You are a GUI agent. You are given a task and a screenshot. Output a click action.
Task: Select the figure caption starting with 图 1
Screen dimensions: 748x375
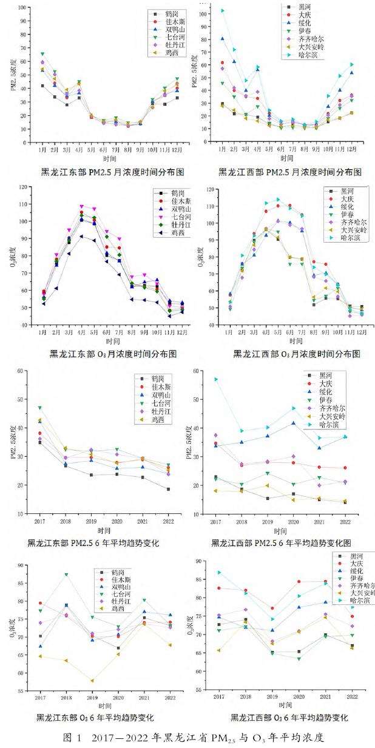(187, 737)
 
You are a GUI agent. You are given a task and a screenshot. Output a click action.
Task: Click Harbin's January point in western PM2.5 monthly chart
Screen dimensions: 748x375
(222, 10)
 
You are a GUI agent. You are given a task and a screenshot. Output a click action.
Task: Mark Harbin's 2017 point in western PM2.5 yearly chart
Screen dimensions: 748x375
(215, 379)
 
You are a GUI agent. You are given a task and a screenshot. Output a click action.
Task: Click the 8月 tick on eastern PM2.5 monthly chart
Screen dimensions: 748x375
(128, 149)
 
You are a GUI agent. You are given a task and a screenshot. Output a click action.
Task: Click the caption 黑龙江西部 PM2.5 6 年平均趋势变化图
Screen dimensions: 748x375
(282, 542)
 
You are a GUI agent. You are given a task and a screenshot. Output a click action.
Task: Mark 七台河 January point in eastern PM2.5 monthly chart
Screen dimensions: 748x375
(42, 54)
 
